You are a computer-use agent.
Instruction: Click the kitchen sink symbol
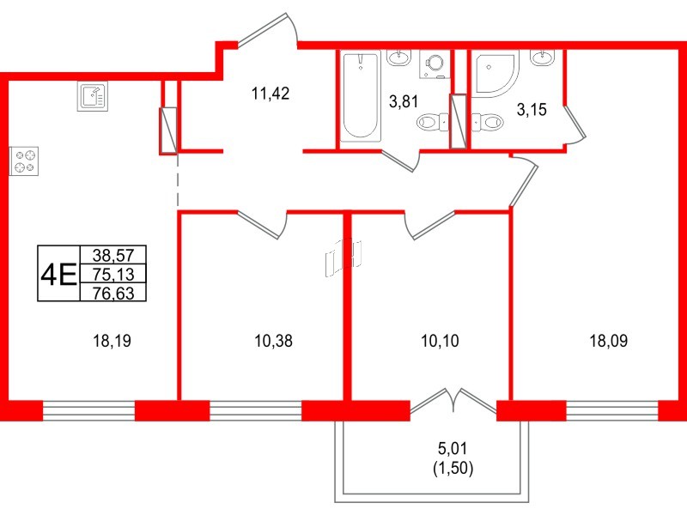coord(93,97)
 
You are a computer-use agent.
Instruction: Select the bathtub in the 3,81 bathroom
coord(360,96)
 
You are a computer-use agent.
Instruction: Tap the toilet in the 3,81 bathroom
coord(432,124)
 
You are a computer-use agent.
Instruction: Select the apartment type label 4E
coord(58,274)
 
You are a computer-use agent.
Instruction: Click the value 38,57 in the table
coord(112,255)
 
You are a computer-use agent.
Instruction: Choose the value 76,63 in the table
coord(112,293)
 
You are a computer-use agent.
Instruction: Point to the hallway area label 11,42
coord(270,94)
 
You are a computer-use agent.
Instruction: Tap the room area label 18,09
coord(608,341)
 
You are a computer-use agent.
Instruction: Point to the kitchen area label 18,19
coord(112,341)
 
